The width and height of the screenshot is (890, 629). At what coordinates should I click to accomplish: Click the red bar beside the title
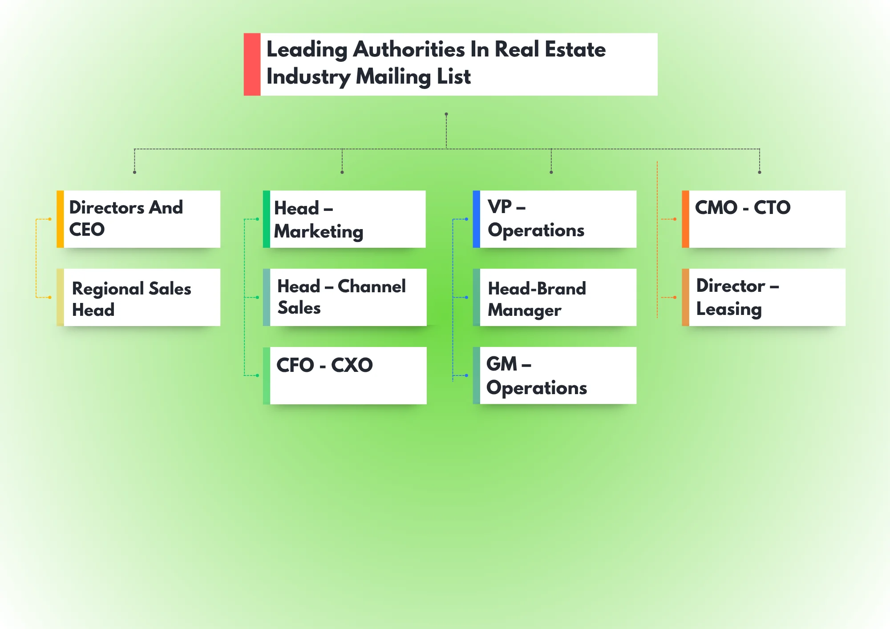click(252, 64)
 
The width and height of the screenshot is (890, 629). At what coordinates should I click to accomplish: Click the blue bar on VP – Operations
click(476, 219)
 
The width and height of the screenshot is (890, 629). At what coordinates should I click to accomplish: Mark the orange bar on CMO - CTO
click(685, 219)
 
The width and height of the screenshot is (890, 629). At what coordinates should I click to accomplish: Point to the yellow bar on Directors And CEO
click(60, 219)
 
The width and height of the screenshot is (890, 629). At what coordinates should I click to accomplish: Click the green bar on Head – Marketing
click(267, 219)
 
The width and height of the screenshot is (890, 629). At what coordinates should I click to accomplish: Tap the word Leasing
click(729, 310)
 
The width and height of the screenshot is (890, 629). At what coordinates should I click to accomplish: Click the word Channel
click(372, 286)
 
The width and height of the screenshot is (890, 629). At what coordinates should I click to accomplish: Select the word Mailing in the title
click(393, 77)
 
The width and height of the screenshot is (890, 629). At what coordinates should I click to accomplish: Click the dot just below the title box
click(446, 114)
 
